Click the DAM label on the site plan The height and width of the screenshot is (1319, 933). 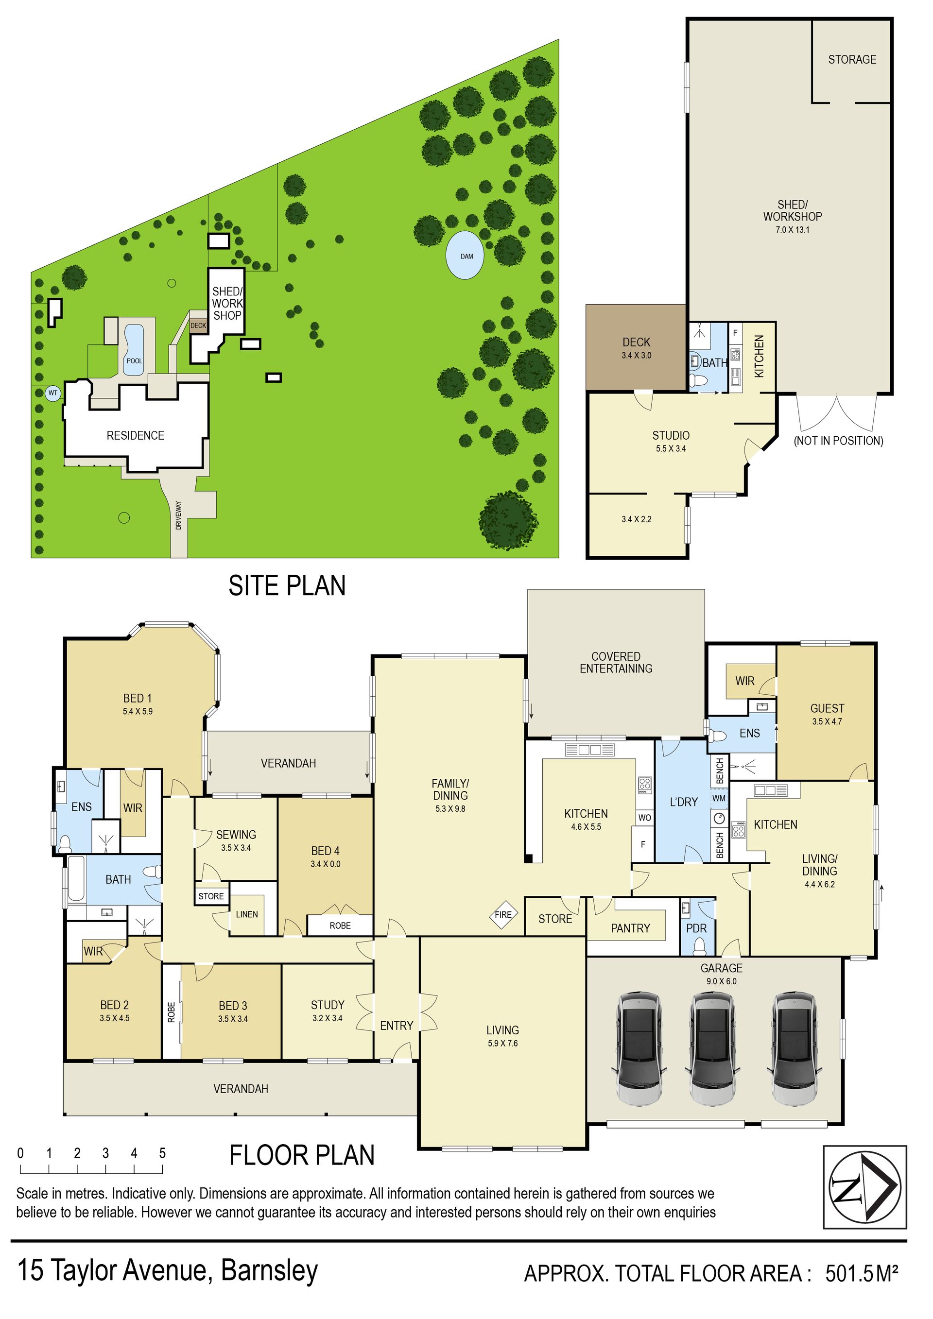[x=466, y=256]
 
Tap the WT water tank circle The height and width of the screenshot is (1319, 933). [x=53, y=394]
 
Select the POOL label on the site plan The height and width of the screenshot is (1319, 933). [x=135, y=361]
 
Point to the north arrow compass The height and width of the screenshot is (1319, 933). [x=865, y=1187]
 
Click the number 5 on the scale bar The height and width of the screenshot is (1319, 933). [x=163, y=1153]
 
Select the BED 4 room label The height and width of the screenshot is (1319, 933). [x=325, y=851]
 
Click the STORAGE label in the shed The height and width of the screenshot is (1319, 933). [x=852, y=60]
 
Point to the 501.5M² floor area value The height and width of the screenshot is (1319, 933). [x=862, y=1274]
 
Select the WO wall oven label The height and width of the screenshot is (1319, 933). [x=645, y=818]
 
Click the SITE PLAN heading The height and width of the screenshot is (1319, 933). [x=287, y=585]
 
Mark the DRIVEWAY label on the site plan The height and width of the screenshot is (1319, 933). [x=178, y=515]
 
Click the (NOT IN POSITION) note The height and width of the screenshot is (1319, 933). [x=838, y=441]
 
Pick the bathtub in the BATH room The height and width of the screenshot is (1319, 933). [x=76, y=878]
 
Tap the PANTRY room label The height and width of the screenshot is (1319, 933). [x=630, y=928]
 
